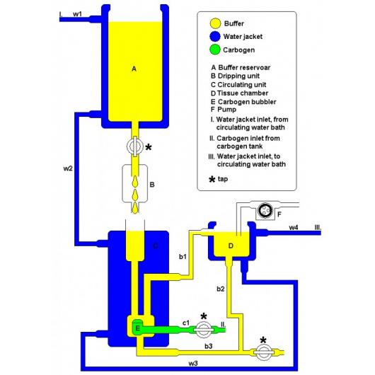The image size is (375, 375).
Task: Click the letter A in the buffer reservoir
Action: pyautogui.click(x=134, y=69)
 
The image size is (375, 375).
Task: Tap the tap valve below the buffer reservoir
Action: pyautogui.click(x=135, y=146)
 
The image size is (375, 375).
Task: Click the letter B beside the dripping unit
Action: pyautogui.click(x=152, y=185)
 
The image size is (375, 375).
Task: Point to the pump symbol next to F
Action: pyautogui.click(x=265, y=211)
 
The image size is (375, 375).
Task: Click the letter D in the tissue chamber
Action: pyautogui.click(x=231, y=246)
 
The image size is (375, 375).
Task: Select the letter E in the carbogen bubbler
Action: pyautogui.click(x=137, y=328)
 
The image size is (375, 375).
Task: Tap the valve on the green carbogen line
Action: pyautogui.click(x=204, y=330)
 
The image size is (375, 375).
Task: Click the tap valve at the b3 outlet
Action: pyautogui.click(x=263, y=352)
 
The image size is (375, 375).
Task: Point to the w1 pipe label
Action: pyautogui.click(x=77, y=14)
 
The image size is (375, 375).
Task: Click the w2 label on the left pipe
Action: pyautogui.click(x=68, y=168)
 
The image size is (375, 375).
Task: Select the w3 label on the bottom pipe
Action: pyautogui.click(x=193, y=364)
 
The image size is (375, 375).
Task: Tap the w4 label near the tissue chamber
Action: pyautogui.click(x=294, y=227)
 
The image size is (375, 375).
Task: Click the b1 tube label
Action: pyautogui.click(x=183, y=257)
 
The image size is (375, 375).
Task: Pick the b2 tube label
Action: pyautogui.click(x=221, y=289)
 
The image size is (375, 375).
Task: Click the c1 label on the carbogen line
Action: pyautogui.click(x=186, y=323)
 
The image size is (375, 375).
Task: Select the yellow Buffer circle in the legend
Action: pyautogui.click(x=215, y=23)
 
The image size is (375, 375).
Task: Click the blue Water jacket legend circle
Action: pyautogui.click(x=215, y=37)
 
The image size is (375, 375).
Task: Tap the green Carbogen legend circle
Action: pyautogui.click(x=215, y=50)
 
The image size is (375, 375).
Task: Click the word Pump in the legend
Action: pyautogui.click(x=226, y=110)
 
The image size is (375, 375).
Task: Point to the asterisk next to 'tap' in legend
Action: pyautogui.click(x=212, y=180)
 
